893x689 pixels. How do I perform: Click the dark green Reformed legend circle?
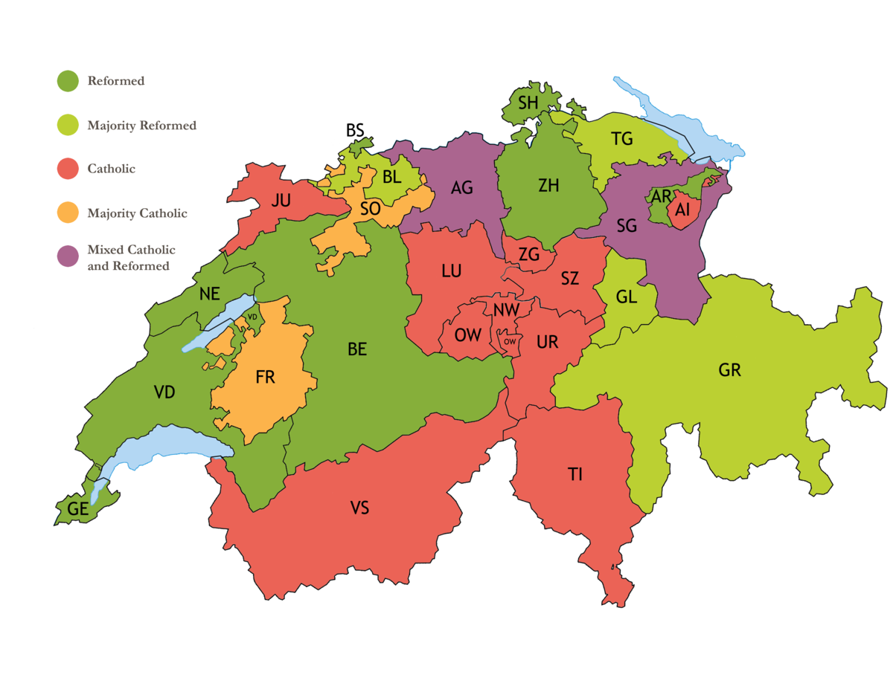[x=68, y=81]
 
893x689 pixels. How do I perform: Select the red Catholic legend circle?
[x=68, y=169]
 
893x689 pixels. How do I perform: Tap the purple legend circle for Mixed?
[x=68, y=256]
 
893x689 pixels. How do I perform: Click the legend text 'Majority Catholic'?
[x=137, y=213]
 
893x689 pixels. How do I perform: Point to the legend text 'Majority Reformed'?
[x=141, y=126]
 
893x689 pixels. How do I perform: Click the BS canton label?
[x=355, y=131]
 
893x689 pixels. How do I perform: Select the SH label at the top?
[x=528, y=103]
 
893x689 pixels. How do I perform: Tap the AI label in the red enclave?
[x=682, y=211]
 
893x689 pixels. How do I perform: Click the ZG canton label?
[x=529, y=255]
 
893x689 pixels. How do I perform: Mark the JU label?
[x=281, y=200]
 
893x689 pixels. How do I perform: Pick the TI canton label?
[x=574, y=475]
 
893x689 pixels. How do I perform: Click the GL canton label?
[x=627, y=297]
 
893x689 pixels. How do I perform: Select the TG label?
[x=621, y=138]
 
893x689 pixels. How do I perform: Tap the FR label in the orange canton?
[x=265, y=377]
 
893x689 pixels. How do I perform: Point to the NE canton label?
[x=209, y=294]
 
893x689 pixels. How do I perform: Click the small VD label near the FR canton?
[x=252, y=317]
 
